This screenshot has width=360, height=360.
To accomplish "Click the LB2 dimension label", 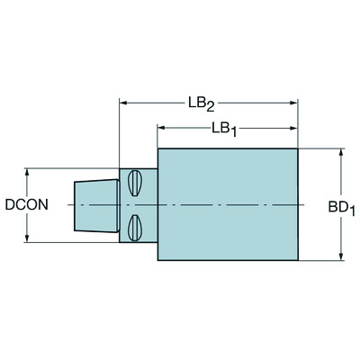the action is pyautogui.click(x=202, y=104).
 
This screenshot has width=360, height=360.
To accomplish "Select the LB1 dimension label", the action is pyautogui.click(x=224, y=130).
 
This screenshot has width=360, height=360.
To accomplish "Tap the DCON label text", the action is pyautogui.click(x=26, y=204).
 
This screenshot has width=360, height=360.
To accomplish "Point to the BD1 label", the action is pyautogui.click(x=342, y=208).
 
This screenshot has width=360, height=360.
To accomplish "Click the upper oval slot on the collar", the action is pyautogui.click(x=135, y=184).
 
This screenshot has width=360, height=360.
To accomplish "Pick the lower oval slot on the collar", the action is pyautogui.click(x=135, y=228).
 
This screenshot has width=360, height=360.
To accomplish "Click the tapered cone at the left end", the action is pyautogui.click(x=96, y=205).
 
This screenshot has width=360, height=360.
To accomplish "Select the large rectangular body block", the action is pyautogui.click(x=228, y=204).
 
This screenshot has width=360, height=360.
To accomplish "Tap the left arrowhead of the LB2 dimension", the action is pyautogui.click(x=124, y=103).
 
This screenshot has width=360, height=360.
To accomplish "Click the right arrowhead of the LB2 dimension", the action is pyautogui.click(x=293, y=103).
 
